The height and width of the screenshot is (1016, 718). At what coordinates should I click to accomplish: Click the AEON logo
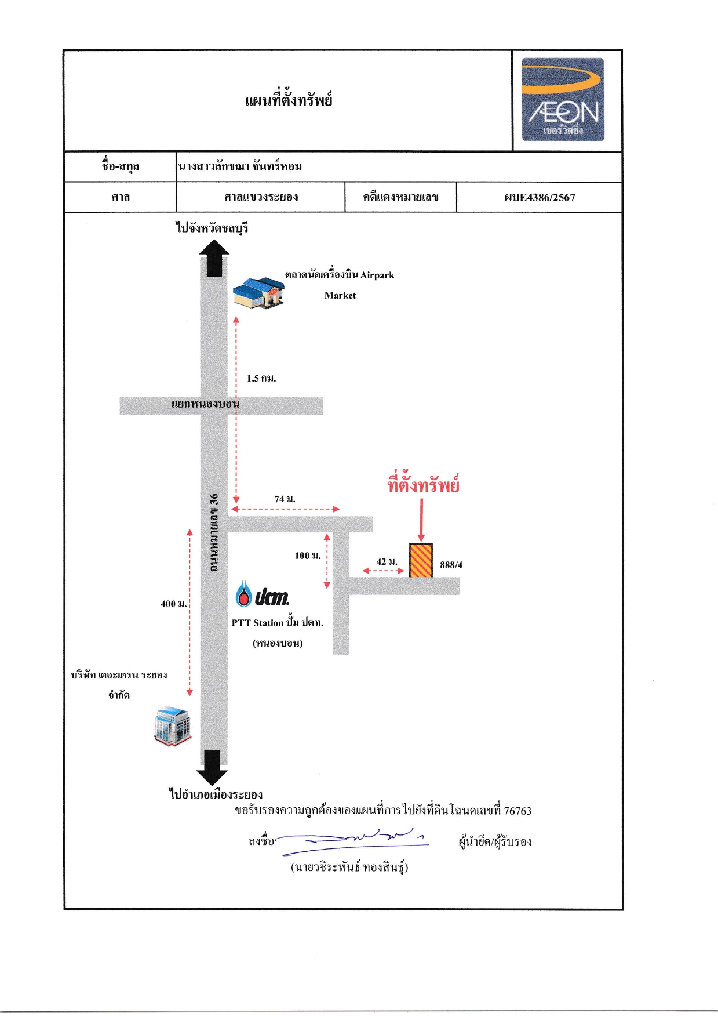[x=563, y=99]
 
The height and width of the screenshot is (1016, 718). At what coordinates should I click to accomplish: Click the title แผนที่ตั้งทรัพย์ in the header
[x=289, y=99]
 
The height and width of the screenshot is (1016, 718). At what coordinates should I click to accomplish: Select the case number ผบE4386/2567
[x=540, y=197]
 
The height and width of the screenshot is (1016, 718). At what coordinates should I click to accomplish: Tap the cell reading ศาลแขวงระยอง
[x=261, y=197]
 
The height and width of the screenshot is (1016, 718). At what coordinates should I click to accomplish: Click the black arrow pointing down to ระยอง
[x=212, y=768]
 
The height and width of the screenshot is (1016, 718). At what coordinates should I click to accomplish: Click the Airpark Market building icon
[x=259, y=292]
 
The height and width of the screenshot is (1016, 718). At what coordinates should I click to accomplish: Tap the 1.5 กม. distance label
[x=261, y=378]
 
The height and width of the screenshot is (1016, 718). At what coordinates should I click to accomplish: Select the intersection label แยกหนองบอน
[x=205, y=403]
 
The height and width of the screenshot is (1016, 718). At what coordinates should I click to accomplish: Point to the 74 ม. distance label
[x=285, y=499]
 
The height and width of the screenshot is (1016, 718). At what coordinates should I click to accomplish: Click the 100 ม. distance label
[x=308, y=556]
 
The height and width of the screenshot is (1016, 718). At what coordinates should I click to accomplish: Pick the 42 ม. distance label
[x=387, y=561]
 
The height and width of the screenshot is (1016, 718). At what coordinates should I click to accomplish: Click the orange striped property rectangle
[x=421, y=560]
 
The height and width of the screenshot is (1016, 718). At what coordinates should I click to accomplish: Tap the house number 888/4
[x=451, y=565]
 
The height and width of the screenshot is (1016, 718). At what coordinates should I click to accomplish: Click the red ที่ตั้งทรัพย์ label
[x=423, y=484]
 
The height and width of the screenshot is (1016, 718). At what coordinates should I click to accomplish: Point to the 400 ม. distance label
[x=174, y=604]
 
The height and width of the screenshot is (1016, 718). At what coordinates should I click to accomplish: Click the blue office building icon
[x=172, y=726]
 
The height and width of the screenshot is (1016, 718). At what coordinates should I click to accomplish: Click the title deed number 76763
[x=517, y=811]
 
